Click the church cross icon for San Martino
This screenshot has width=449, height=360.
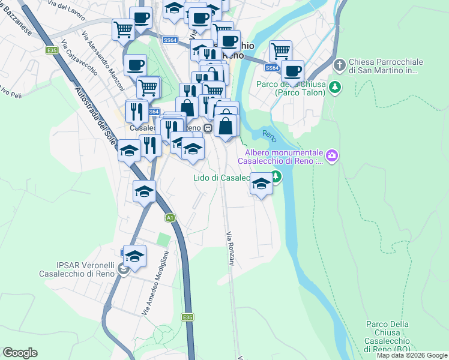click(x=340, y=64)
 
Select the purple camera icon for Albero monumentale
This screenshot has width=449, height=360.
click(x=332, y=157)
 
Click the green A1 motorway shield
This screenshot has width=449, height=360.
click(x=170, y=217)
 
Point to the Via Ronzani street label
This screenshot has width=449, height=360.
click(x=230, y=250)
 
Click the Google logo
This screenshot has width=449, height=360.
click(x=20, y=353)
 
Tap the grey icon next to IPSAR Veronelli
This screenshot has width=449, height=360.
click(x=122, y=270)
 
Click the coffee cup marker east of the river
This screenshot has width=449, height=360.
click(x=293, y=71)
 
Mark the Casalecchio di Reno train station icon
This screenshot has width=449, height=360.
click(x=207, y=128)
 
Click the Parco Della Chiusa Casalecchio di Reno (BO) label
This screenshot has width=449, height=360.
click(x=387, y=337)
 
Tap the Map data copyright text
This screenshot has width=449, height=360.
click(x=412, y=355)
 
